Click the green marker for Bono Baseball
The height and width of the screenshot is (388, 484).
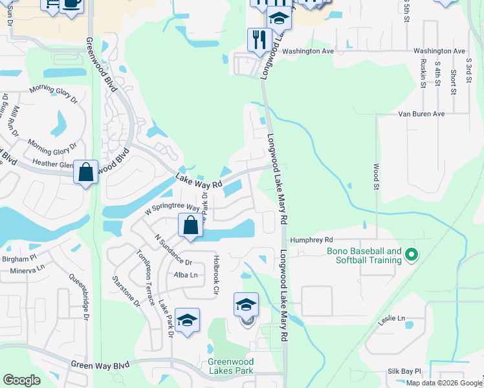410,256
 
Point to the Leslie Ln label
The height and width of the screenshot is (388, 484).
391,318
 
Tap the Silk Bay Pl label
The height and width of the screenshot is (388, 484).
404,372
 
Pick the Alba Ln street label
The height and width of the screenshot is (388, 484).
185,275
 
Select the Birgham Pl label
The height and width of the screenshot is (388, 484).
17,257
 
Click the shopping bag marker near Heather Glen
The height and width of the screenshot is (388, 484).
85,173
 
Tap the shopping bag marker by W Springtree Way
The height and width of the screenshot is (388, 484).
190,226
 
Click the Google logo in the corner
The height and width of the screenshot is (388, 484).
22,380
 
